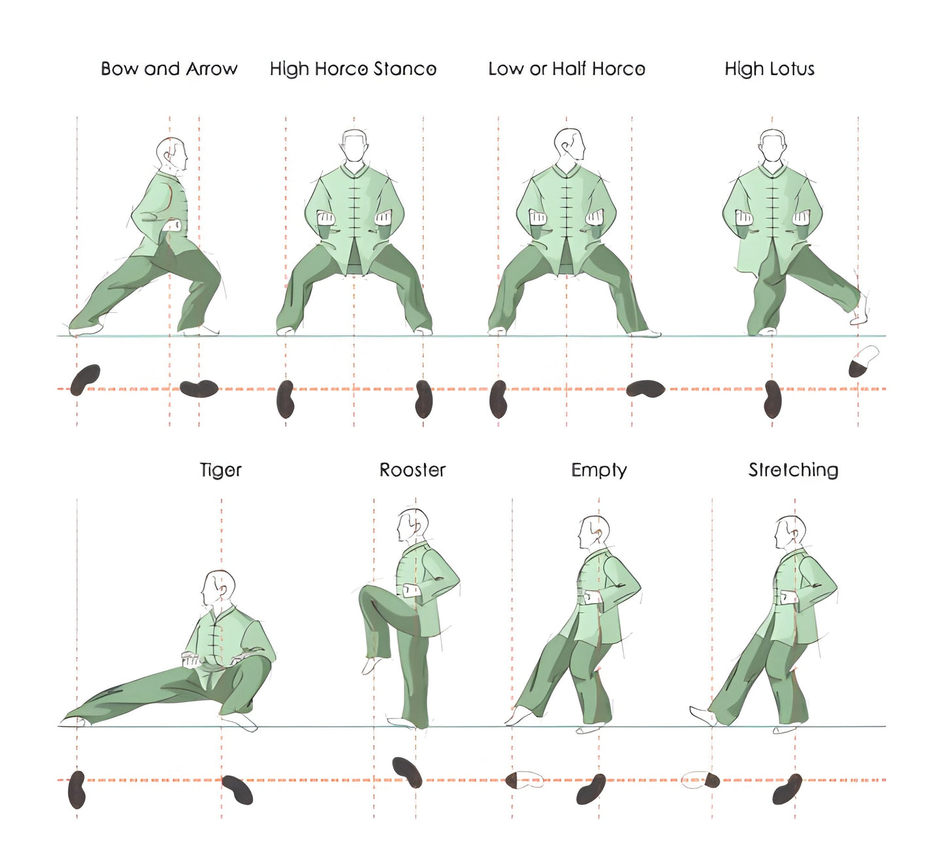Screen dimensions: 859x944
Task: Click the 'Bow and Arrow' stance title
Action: (169, 69)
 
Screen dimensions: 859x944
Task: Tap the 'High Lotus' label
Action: (770, 69)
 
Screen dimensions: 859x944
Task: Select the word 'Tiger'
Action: (221, 470)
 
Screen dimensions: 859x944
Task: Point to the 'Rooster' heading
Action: (412, 470)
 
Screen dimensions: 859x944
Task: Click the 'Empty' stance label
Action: (599, 470)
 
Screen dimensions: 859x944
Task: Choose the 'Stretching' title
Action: (793, 470)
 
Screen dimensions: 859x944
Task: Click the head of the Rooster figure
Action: (412, 526)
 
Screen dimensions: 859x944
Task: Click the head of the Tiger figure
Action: (218, 588)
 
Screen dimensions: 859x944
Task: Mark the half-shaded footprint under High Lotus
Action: (863, 362)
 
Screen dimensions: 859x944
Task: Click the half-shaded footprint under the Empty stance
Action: (524, 779)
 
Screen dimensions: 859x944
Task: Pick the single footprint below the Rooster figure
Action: (407, 771)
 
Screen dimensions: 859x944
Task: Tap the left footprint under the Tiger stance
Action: (77, 789)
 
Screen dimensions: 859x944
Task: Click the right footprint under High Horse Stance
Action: (424, 398)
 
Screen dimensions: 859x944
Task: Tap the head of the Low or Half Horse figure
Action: (568, 144)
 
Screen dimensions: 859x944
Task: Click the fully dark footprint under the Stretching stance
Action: (787, 788)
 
